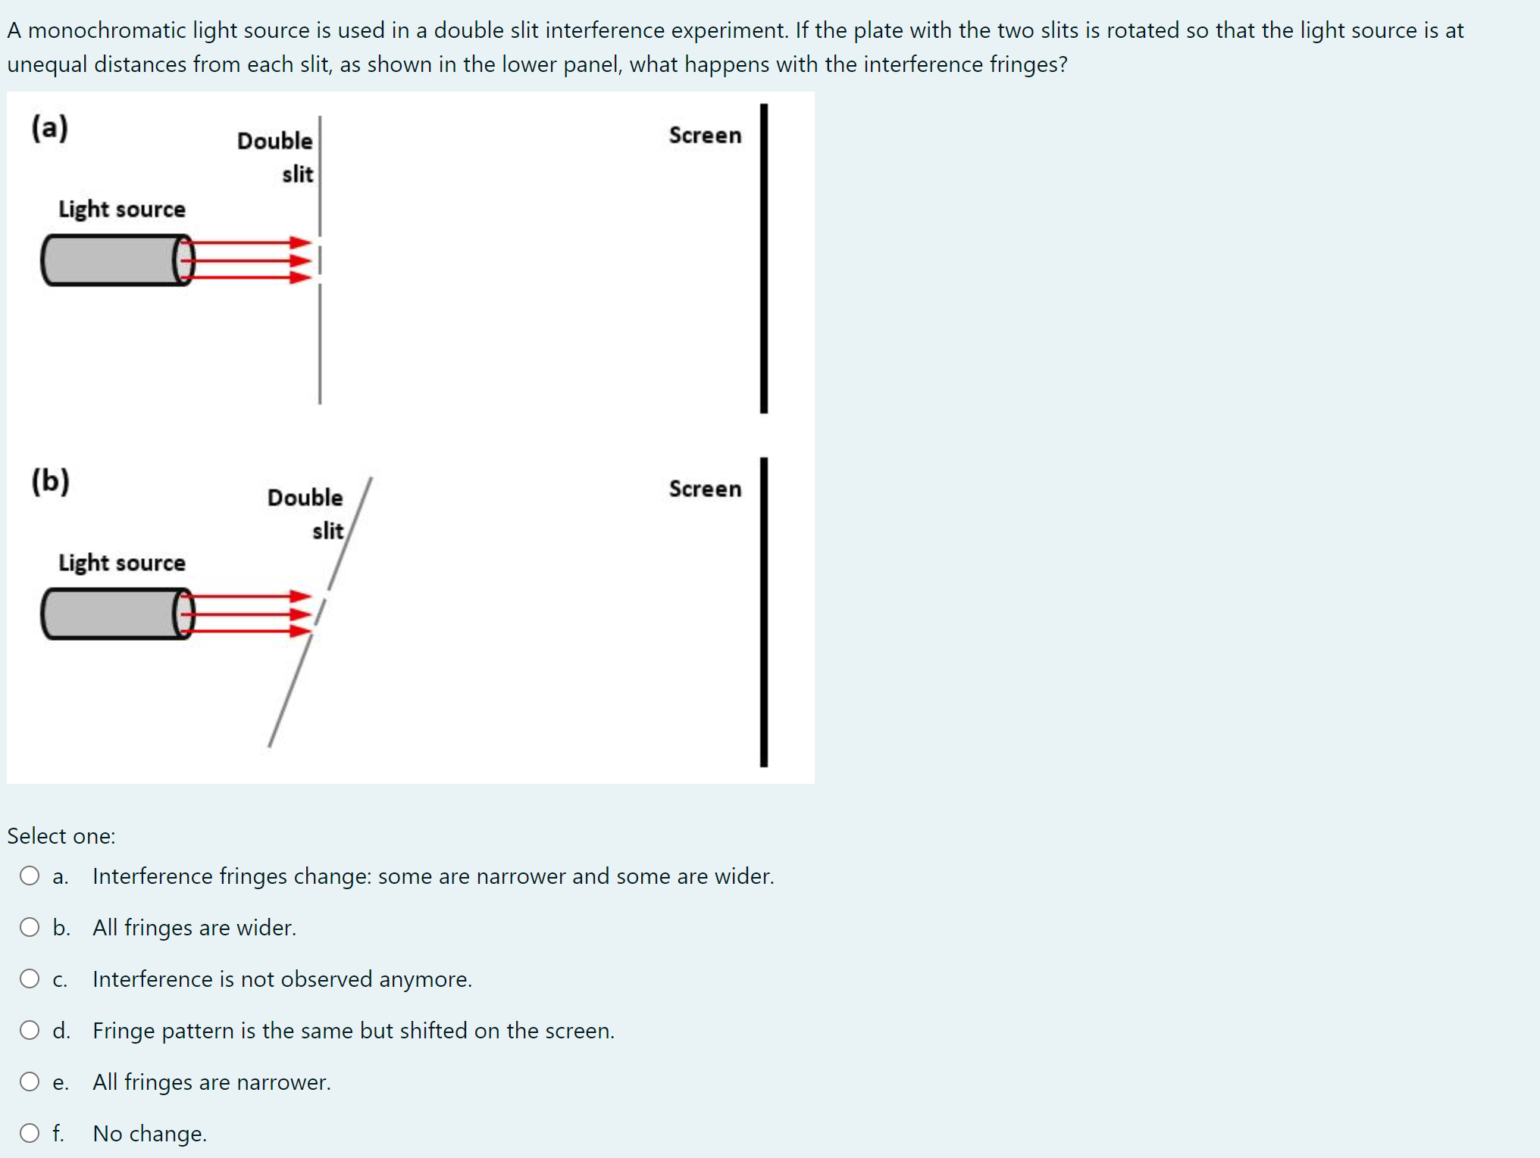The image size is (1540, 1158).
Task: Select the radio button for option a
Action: (x=30, y=876)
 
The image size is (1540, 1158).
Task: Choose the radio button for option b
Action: (x=30, y=927)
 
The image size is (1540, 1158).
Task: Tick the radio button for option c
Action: (x=30, y=979)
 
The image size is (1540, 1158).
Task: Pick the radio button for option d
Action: (x=30, y=1030)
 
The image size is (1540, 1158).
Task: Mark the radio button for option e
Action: (x=30, y=1082)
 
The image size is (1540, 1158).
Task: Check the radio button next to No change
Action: (x=30, y=1133)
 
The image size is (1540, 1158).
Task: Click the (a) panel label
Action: (x=50, y=128)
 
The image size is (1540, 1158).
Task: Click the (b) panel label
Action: (x=51, y=481)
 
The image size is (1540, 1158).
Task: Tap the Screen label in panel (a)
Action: (x=705, y=136)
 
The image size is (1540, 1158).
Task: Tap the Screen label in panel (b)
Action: (x=705, y=489)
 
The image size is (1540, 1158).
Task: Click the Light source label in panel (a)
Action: (x=122, y=209)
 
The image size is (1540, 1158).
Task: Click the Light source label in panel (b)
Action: (x=122, y=563)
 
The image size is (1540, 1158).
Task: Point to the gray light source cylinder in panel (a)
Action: (x=110, y=260)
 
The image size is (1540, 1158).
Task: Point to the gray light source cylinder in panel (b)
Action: (x=110, y=613)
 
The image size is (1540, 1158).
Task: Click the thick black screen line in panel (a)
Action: (x=764, y=258)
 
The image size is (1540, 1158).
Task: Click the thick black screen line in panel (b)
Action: (x=764, y=612)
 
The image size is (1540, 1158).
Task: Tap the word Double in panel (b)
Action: (x=305, y=498)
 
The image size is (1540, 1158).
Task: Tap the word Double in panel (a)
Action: (x=274, y=141)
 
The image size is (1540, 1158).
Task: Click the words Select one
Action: (x=61, y=836)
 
